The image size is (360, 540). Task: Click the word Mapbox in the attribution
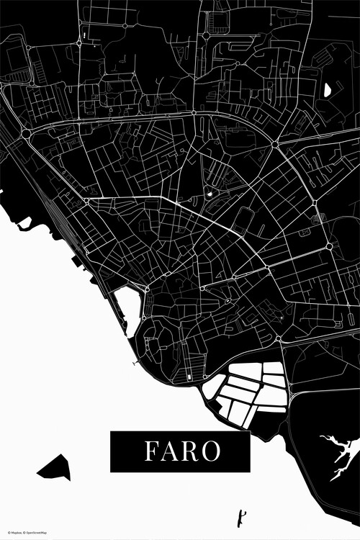(15, 532)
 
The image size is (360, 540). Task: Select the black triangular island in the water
(55, 468)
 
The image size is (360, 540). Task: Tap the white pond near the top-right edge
(328, 90)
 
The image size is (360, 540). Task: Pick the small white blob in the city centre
(210, 193)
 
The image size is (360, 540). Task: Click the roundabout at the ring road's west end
(26, 133)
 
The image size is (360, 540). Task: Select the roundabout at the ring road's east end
(275, 145)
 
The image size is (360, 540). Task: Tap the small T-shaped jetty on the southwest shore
(135, 364)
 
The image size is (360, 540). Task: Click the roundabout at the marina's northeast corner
(147, 289)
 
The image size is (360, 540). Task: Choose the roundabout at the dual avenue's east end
(329, 246)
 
